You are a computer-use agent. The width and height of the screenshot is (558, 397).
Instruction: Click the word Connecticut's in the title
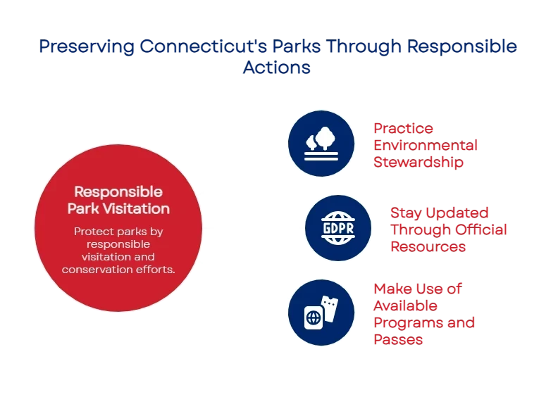click(203, 46)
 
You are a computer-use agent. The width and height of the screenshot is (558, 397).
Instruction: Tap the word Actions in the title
click(276, 67)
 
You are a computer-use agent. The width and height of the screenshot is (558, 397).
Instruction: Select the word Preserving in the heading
click(87, 47)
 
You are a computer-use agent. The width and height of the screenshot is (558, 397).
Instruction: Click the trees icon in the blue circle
click(321, 144)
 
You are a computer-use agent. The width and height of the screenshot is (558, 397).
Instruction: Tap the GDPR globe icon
click(338, 228)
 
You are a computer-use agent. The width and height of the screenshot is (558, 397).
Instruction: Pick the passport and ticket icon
click(321, 313)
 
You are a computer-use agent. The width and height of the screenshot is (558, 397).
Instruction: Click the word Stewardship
click(418, 163)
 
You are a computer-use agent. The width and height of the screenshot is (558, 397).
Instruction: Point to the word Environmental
click(426, 145)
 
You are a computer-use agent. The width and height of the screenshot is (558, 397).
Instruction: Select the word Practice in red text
click(403, 128)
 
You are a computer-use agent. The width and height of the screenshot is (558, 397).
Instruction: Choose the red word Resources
click(428, 246)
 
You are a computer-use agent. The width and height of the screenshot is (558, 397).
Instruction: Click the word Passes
click(398, 340)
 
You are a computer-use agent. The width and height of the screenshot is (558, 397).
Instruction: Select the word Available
click(405, 306)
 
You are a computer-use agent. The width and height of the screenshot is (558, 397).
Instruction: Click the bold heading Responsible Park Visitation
click(118, 201)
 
